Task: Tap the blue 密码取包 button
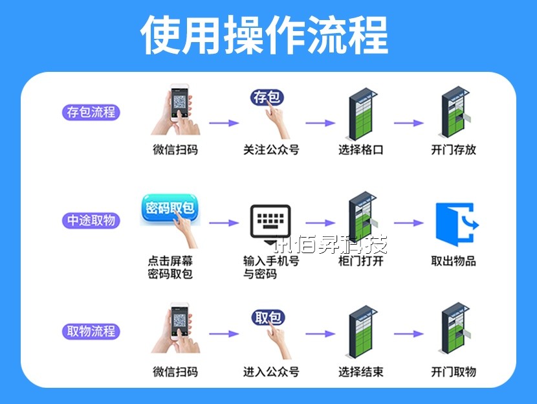click(170, 208)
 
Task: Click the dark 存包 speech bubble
click(267, 98)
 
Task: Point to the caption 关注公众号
click(271, 150)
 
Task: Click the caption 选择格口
click(361, 150)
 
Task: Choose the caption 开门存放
click(454, 150)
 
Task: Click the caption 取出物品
click(454, 261)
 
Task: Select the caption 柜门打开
click(361, 261)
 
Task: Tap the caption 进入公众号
click(271, 372)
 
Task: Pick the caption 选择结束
click(361, 372)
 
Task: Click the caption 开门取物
click(454, 372)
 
